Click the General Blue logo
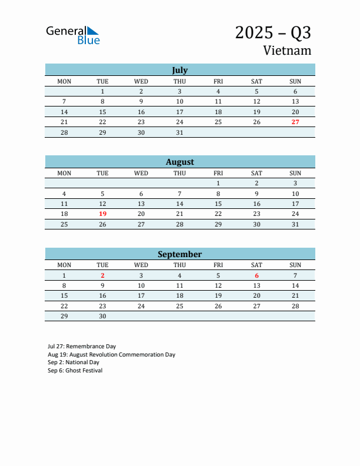click(x=73, y=35)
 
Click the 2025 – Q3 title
click(x=273, y=33)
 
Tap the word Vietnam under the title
click(x=287, y=51)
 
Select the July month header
click(x=179, y=70)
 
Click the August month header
click(x=179, y=162)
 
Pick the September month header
click(x=179, y=254)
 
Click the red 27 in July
click(x=295, y=122)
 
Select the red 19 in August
click(x=102, y=214)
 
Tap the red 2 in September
click(x=102, y=275)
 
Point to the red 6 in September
click(x=256, y=275)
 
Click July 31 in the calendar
click(x=179, y=132)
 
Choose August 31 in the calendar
click(x=295, y=224)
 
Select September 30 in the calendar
click(x=102, y=316)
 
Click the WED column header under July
click(x=141, y=81)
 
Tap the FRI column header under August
click(x=218, y=173)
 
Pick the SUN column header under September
click(x=295, y=265)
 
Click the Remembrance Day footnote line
click(x=82, y=347)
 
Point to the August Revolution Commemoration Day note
click(x=112, y=355)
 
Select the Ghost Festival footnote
click(x=75, y=371)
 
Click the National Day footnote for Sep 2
click(x=74, y=362)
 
